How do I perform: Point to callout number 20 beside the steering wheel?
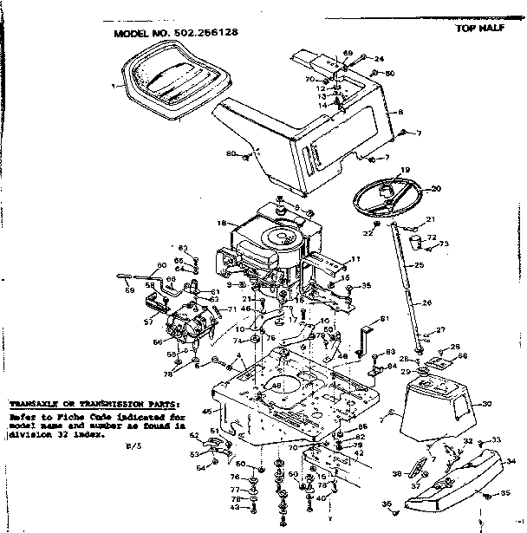point(435,188)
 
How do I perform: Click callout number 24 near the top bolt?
point(379,59)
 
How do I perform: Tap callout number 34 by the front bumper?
point(511,461)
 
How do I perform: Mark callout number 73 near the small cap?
point(444,244)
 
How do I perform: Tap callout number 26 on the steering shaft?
point(426,302)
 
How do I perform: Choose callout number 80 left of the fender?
point(231,153)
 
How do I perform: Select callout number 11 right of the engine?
point(355,259)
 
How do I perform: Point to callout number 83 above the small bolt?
point(183,249)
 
